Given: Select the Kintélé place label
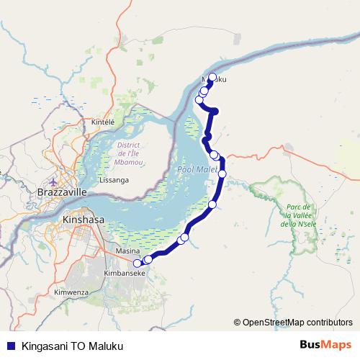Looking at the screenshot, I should [104, 122].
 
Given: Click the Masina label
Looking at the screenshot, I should [127, 251].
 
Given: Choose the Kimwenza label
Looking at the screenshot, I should [71, 292].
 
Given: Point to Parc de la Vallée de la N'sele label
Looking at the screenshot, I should [298, 215].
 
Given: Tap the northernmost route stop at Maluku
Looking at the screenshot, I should [212, 77].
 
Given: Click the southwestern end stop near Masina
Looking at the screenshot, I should [138, 263].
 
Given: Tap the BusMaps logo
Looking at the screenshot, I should [325, 345].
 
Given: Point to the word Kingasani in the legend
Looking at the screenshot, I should [47, 345].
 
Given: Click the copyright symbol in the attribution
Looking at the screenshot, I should [237, 323].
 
